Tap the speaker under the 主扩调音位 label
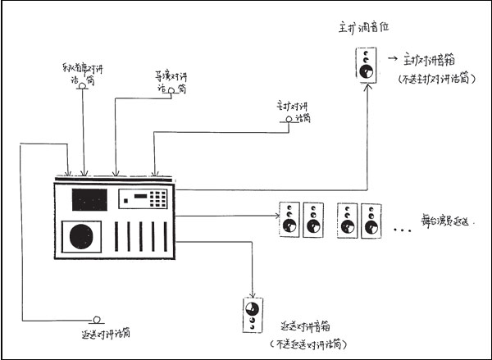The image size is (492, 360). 365,65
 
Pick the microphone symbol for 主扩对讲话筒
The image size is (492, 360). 289,120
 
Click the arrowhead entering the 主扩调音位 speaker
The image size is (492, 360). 365,85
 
